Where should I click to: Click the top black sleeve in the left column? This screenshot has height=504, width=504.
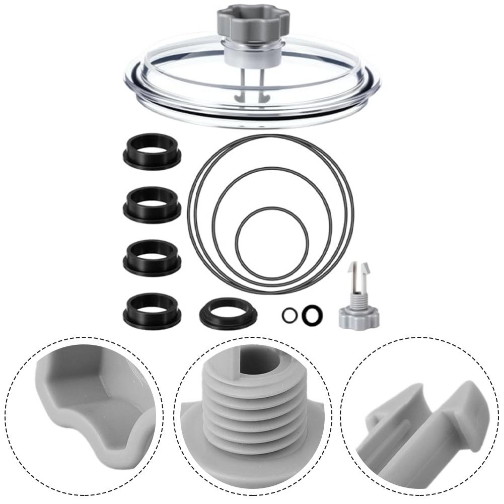click(x=152, y=152)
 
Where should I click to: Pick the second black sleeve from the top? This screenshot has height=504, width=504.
click(x=152, y=204)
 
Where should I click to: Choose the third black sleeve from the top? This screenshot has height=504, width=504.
click(x=152, y=257)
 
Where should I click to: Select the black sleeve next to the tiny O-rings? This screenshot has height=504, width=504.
click(x=228, y=313)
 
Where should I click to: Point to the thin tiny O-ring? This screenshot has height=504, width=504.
click(x=289, y=315)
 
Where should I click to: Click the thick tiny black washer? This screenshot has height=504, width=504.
click(x=312, y=315)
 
